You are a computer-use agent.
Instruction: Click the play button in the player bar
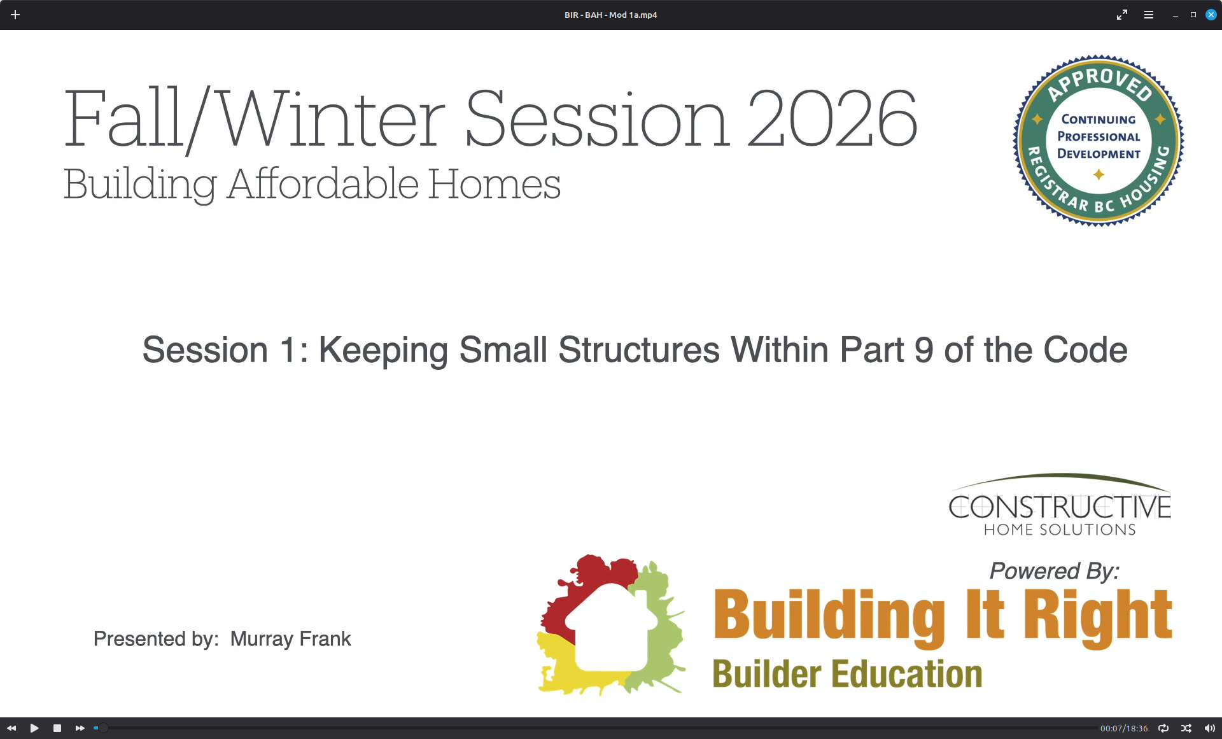[34, 728]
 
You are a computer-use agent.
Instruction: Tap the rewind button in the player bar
[11, 728]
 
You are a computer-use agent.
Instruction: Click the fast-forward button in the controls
[80, 728]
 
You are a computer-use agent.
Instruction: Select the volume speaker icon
[1210, 728]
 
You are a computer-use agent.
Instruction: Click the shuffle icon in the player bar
[1186, 728]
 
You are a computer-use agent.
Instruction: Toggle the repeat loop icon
[1163, 728]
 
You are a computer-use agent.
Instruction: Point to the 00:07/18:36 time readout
[1124, 728]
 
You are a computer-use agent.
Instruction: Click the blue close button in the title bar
[1211, 15]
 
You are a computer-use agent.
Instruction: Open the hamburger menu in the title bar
[1149, 15]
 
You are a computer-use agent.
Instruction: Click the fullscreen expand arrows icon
[1122, 15]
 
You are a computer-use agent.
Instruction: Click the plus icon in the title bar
[15, 15]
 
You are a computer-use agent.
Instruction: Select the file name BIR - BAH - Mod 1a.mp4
[610, 15]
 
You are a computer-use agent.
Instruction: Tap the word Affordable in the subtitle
[323, 184]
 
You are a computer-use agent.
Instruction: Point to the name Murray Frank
[290, 638]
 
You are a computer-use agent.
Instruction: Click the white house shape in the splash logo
[612, 627]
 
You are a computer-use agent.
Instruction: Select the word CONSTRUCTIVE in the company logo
[1060, 507]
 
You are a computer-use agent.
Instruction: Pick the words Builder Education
[847, 674]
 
